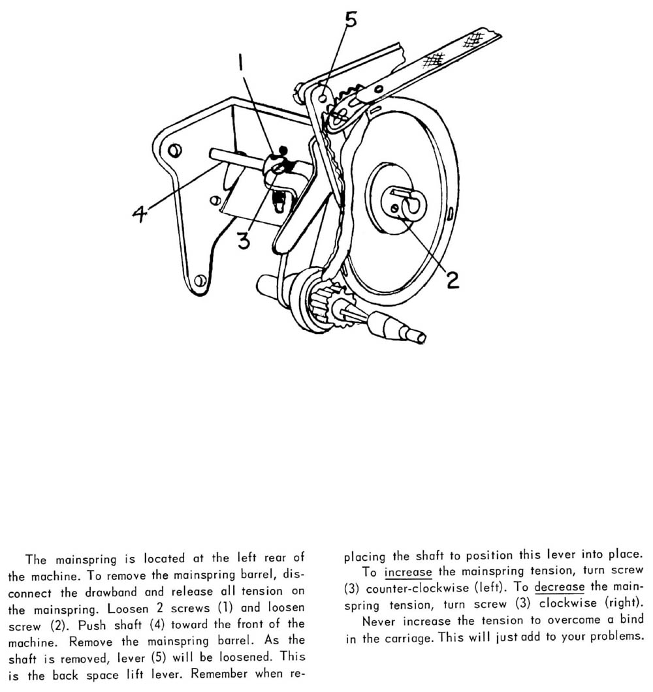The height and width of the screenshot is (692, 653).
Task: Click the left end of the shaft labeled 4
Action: click(214, 153)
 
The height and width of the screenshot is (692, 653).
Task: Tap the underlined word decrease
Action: click(560, 588)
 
